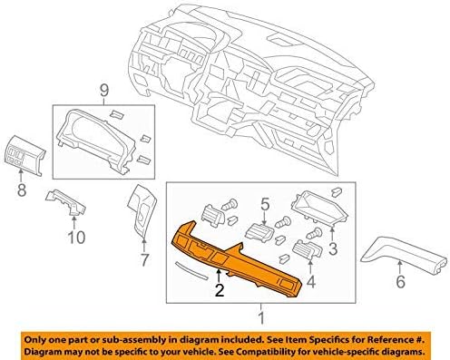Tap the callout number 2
point(218,291)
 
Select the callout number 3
point(332,247)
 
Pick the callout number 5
point(264,203)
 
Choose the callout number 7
point(143,260)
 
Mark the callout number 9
point(103,90)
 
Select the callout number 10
point(76,238)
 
